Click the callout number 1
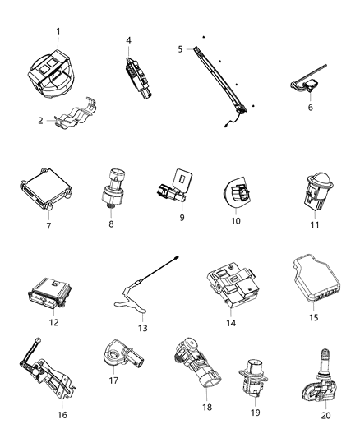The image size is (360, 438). [58, 31]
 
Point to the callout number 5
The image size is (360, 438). [181, 49]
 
